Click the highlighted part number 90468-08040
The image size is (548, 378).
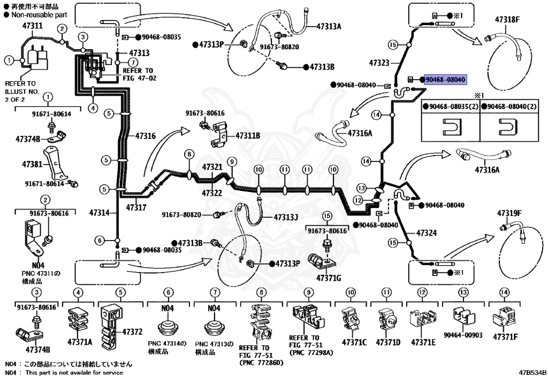[445, 80]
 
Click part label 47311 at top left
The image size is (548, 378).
[33, 26]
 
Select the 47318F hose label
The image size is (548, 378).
[507, 20]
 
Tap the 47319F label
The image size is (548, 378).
[509, 213]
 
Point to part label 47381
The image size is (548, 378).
[32, 164]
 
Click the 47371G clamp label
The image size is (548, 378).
[329, 278]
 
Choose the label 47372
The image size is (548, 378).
[132, 331]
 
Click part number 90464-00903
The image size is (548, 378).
[463, 335]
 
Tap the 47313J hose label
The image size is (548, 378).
[286, 217]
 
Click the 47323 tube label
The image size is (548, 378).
[379, 63]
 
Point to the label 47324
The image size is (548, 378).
[426, 233]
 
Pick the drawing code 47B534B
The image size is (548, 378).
[532, 373]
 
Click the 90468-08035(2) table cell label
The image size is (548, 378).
[451, 106]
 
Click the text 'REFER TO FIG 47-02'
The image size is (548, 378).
[138, 74]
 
